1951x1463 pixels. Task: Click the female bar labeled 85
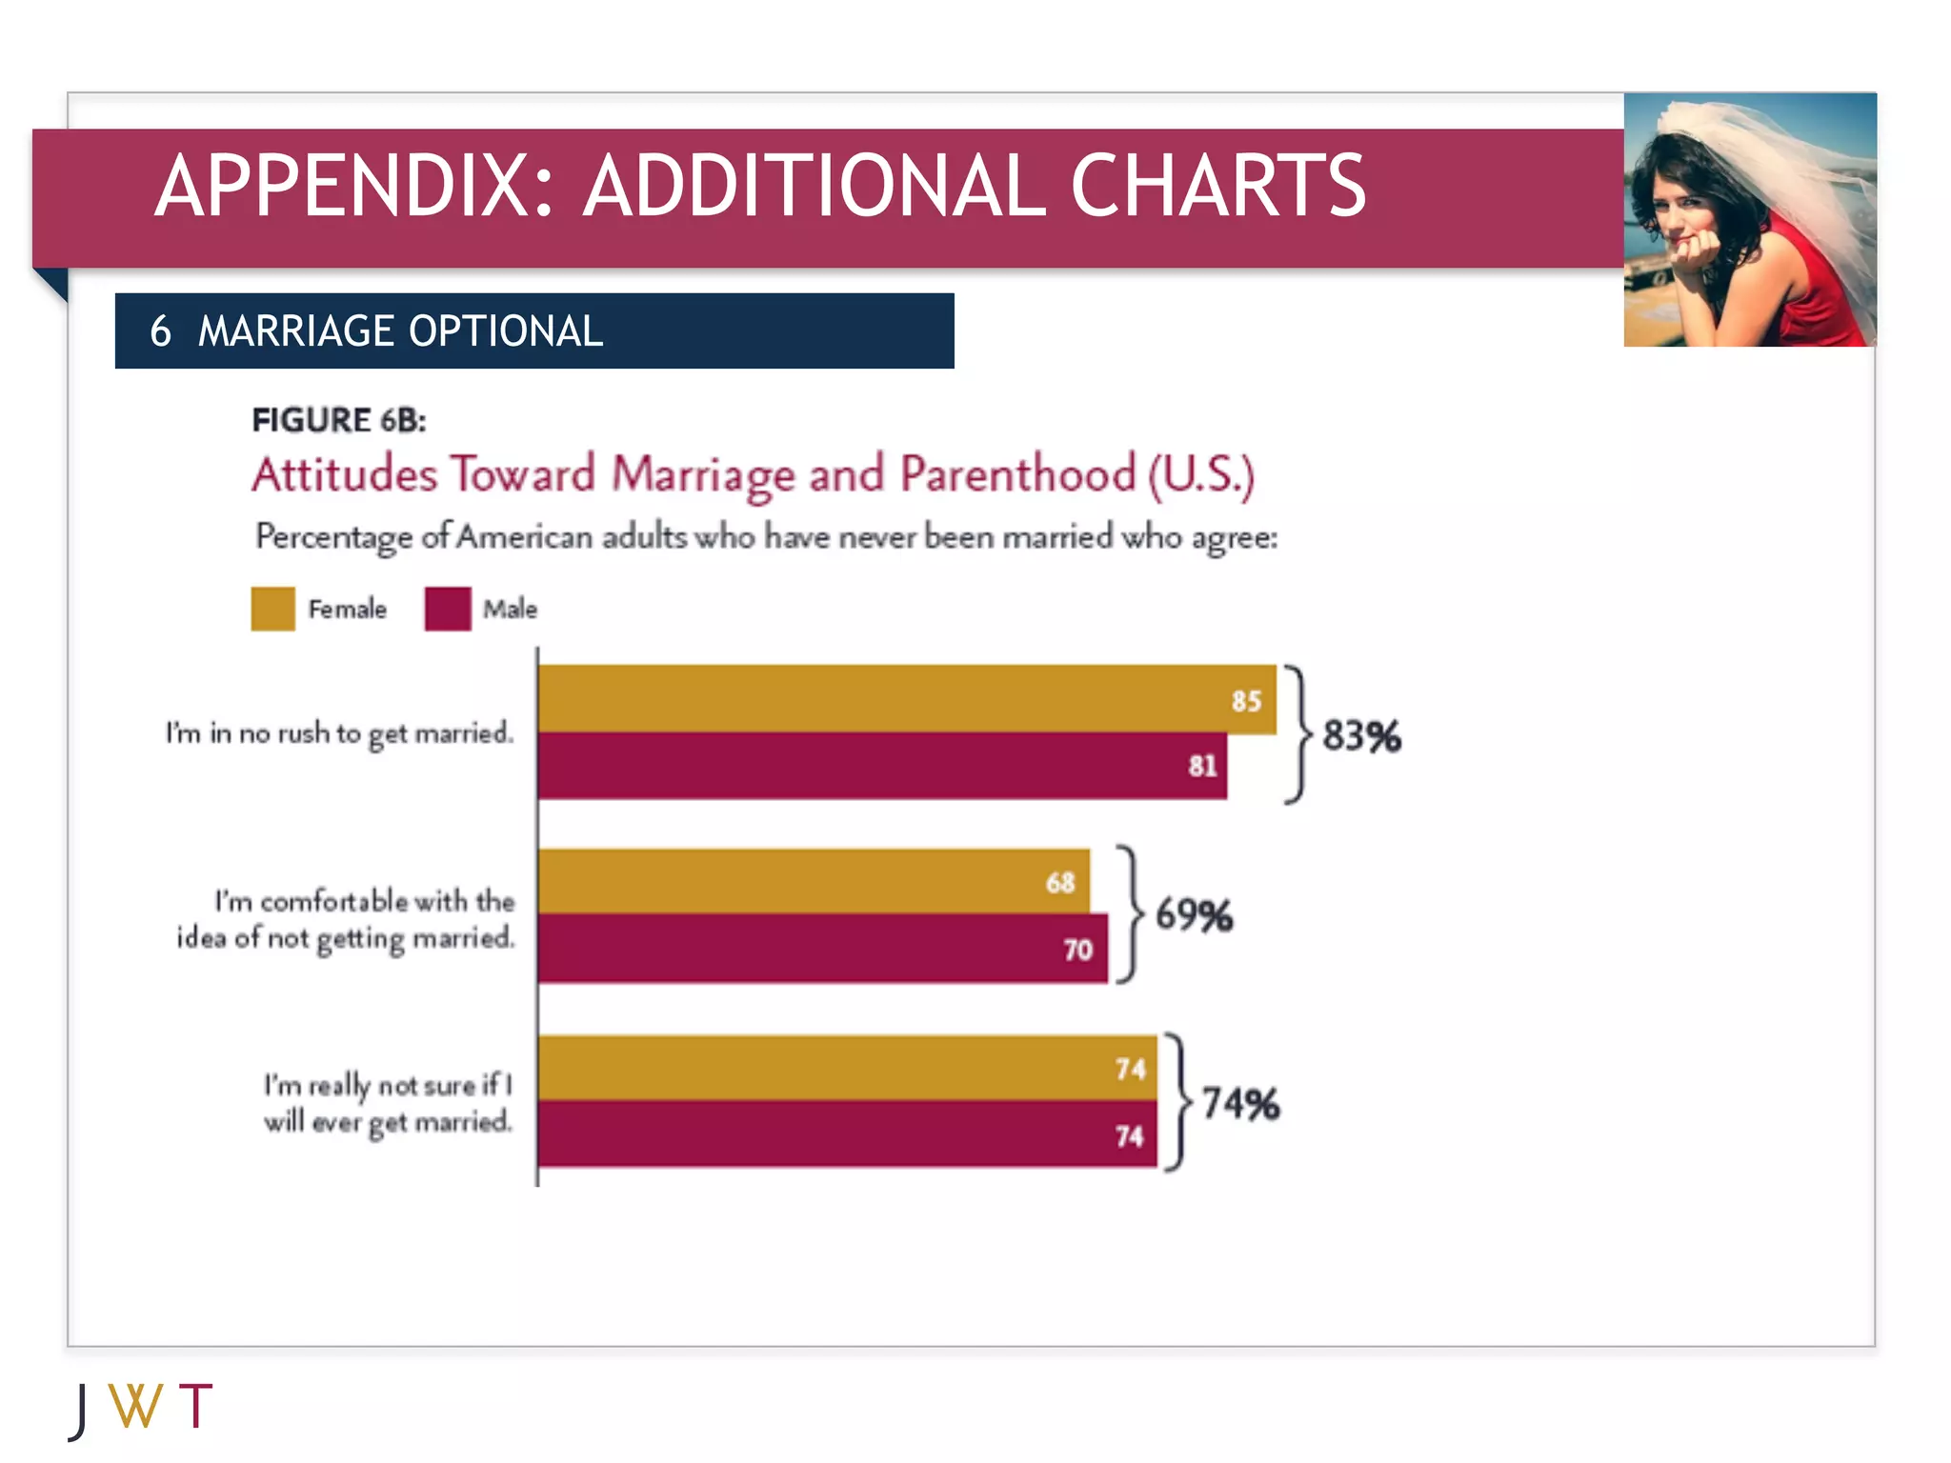pos(905,698)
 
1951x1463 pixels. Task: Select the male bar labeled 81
pos(881,765)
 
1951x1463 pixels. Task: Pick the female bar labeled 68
pos(813,881)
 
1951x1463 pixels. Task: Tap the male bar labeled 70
pos(822,948)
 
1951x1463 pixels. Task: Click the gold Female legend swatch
pos(272,609)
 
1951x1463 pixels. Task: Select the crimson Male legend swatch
pos(448,609)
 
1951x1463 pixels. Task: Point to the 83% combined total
pos(1361,736)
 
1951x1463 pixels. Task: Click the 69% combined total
pos(1194,915)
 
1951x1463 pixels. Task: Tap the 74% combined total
pos(1240,1103)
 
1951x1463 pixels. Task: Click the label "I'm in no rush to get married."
pos(339,733)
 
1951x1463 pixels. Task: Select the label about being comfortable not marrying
pos(346,919)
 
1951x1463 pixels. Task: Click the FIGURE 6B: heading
pos(338,420)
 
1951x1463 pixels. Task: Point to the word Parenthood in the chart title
pos(1017,474)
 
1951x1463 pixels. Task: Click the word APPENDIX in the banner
pos(352,186)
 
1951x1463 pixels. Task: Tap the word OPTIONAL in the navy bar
pos(506,331)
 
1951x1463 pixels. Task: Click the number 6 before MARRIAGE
pos(160,331)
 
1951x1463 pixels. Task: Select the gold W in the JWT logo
pos(134,1406)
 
